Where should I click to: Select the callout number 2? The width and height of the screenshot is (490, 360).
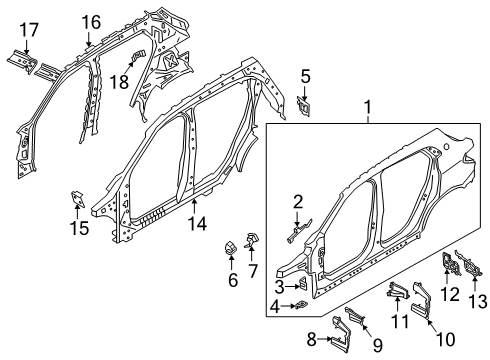click(297, 202)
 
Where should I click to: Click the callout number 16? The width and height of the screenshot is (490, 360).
click(91, 20)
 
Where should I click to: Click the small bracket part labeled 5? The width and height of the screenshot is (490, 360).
click(306, 105)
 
